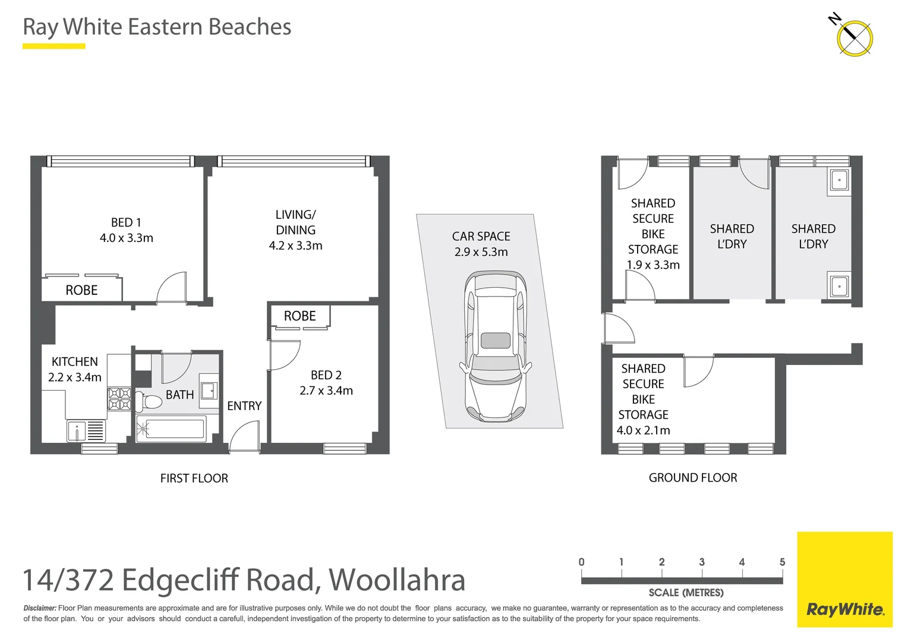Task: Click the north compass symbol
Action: [x=854, y=38]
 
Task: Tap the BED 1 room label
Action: [x=126, y=222]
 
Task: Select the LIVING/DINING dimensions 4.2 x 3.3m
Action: [x=295, y=246]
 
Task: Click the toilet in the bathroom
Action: [x=149, y=402]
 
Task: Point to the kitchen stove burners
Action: [x=119, y=399]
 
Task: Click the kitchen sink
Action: [x=77, y=430]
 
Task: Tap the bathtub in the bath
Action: [x=171, y=428]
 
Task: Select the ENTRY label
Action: [x=244, y=405]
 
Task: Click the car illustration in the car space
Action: [x=495, y=347]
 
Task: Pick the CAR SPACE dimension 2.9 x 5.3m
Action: [x=481, y=252]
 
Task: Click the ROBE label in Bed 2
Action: [x=299, y=316]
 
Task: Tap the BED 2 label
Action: [x=326, y=375]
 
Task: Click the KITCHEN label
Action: [x=74, y=361]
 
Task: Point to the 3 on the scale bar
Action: [x=702, y=562]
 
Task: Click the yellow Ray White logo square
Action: [x=844, y=579]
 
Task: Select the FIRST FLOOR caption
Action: [x=194, y=478]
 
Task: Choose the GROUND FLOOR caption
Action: [x=692, y=477]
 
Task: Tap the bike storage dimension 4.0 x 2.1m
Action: [x=643, y=430]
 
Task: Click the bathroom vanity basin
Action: [x=208, y=391]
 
